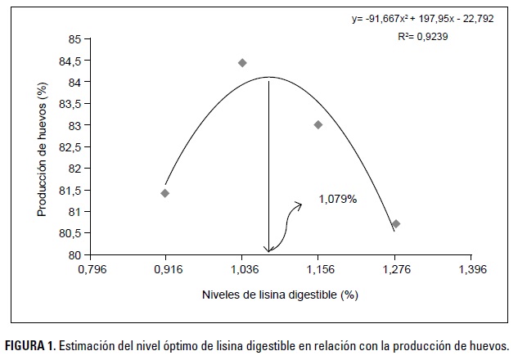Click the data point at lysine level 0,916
coord(165,193)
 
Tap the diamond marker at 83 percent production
coord(318,124)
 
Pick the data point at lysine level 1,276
coord(396,223)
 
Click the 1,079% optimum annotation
coord(338,198)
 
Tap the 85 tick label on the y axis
coord(74,39)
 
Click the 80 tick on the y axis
coord(74,255)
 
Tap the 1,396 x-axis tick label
coord(471,268)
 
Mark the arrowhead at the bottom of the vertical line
coord(268,250)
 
